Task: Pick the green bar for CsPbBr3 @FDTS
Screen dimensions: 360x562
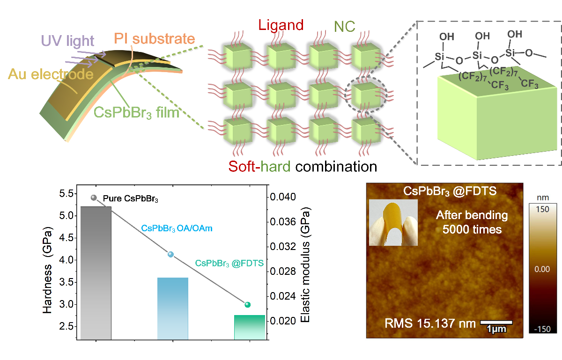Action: point(250,327)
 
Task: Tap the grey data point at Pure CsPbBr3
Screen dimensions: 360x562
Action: point(94,198)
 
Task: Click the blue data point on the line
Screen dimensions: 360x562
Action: point(171,254)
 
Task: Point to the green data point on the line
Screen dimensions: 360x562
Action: point(248,305)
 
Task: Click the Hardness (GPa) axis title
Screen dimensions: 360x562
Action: point(48,271)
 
